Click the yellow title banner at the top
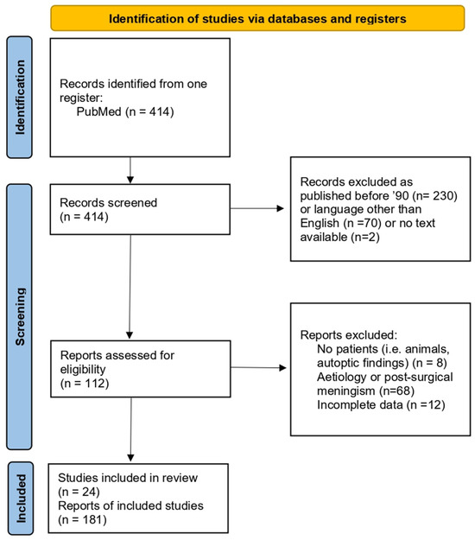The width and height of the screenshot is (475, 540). (x=257, y=18)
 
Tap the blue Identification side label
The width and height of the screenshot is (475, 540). (x=20, y=98)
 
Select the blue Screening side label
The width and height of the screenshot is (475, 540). (x=20, y=316)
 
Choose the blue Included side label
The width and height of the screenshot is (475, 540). (x=21, y=499)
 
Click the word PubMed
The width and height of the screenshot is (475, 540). (x=98, y=111)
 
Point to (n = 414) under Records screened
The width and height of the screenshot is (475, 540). (x=84, y=217)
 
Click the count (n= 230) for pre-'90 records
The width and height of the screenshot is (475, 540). (x=435, y=195)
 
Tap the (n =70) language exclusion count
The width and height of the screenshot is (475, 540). (x=363, y=223)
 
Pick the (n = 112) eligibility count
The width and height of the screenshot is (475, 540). (x=85, y=383)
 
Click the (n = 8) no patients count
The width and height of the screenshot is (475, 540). (x=427, y=363)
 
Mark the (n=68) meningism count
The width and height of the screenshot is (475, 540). (x=396, y=391)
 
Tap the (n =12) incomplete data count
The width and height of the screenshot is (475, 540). (x=426, y=404)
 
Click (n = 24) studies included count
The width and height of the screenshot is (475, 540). (x=79, y=492)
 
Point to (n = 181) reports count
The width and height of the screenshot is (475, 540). (x=82, y=519)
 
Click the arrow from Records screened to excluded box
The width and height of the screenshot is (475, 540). (x=256, y=208)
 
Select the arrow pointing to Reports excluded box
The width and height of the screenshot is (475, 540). (x=258, y=367)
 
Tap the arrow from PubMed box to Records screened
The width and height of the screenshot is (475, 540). (x=130, y=170)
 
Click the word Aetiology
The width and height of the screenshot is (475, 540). (x=342, y=377)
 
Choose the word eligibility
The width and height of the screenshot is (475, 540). (x=83, y=369)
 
